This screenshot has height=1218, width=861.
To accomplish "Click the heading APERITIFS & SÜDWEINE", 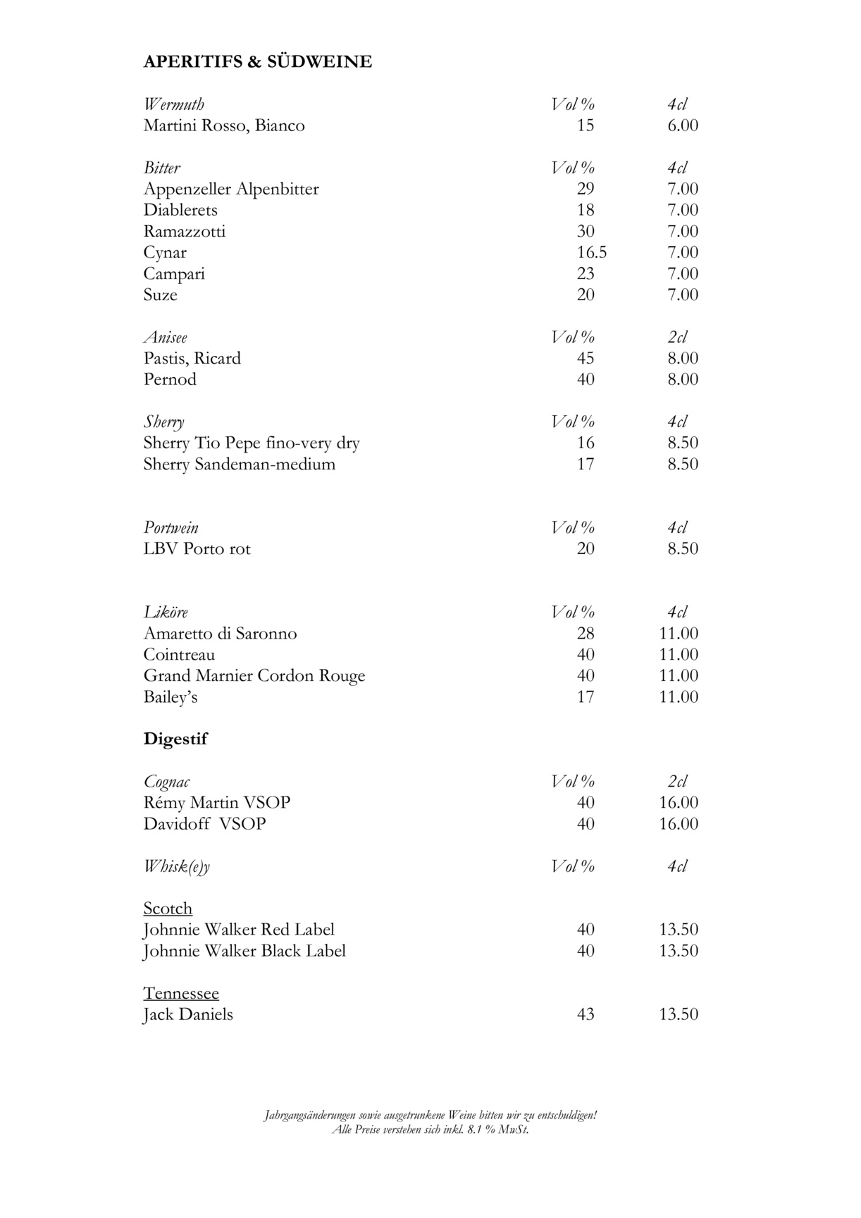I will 257,62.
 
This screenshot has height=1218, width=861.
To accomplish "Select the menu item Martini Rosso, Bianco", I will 224,125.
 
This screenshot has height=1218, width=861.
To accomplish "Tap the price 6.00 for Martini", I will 683,125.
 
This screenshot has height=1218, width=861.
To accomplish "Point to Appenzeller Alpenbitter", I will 231,189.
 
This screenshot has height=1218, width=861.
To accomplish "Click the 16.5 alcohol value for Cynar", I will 592,252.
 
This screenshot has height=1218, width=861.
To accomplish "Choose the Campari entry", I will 174,273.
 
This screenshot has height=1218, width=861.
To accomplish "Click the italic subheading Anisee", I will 166,337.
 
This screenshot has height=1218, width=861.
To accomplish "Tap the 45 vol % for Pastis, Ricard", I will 586,358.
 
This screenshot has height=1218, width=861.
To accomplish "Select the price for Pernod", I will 683,379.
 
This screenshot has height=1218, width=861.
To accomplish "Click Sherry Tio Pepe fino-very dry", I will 252,443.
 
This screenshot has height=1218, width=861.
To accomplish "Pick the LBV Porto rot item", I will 197,548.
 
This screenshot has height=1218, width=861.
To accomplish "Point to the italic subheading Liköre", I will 166,612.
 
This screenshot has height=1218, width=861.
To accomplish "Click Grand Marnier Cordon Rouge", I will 254,675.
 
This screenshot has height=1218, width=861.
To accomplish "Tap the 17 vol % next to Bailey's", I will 586,696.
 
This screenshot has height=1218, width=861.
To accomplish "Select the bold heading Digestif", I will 175,739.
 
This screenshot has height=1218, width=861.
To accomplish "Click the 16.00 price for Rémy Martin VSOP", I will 679,802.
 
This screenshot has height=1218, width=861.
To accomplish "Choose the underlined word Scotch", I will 168,908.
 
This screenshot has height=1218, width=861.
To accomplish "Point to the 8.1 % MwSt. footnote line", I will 430,1129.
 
